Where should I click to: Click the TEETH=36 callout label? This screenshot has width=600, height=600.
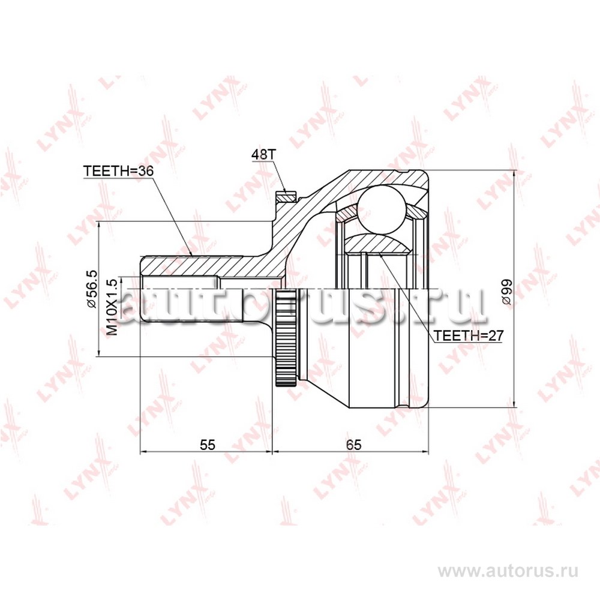[118, 170]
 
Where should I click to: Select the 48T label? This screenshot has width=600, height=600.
[263, 154]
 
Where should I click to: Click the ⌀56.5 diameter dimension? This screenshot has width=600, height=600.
[92, 289]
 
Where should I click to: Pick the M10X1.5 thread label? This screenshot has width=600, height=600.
[112, 307]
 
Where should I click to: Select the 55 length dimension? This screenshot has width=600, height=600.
[208, 445]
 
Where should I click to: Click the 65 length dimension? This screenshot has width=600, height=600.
[353, 445]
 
